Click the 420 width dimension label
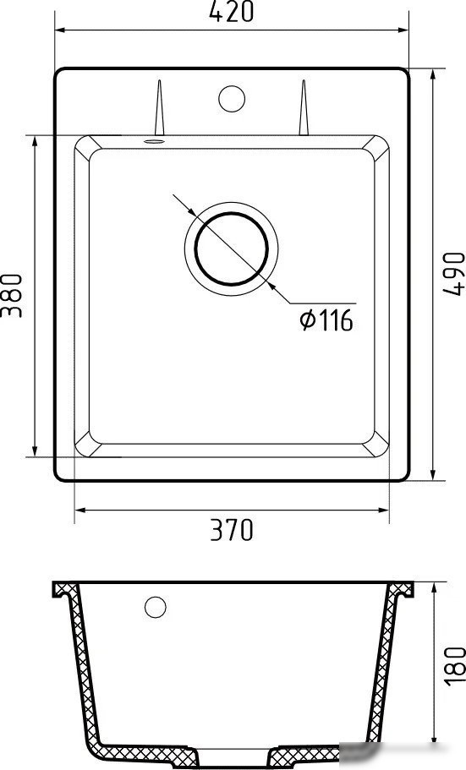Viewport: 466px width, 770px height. [x=231, y=12]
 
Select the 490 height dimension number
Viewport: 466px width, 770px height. [x=454, y=273]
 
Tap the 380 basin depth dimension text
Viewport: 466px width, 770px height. [x=11, y=295]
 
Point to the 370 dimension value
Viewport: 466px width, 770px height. [x=231, y=530]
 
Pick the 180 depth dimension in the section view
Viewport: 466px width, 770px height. [x=454, y=664]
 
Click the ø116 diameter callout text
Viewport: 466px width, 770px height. [x=326, y=320]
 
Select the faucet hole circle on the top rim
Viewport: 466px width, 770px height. [x=231, y=99]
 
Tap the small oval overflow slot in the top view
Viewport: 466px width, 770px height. [x=153, y=141]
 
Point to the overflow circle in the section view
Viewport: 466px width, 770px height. [x=155, y=607]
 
